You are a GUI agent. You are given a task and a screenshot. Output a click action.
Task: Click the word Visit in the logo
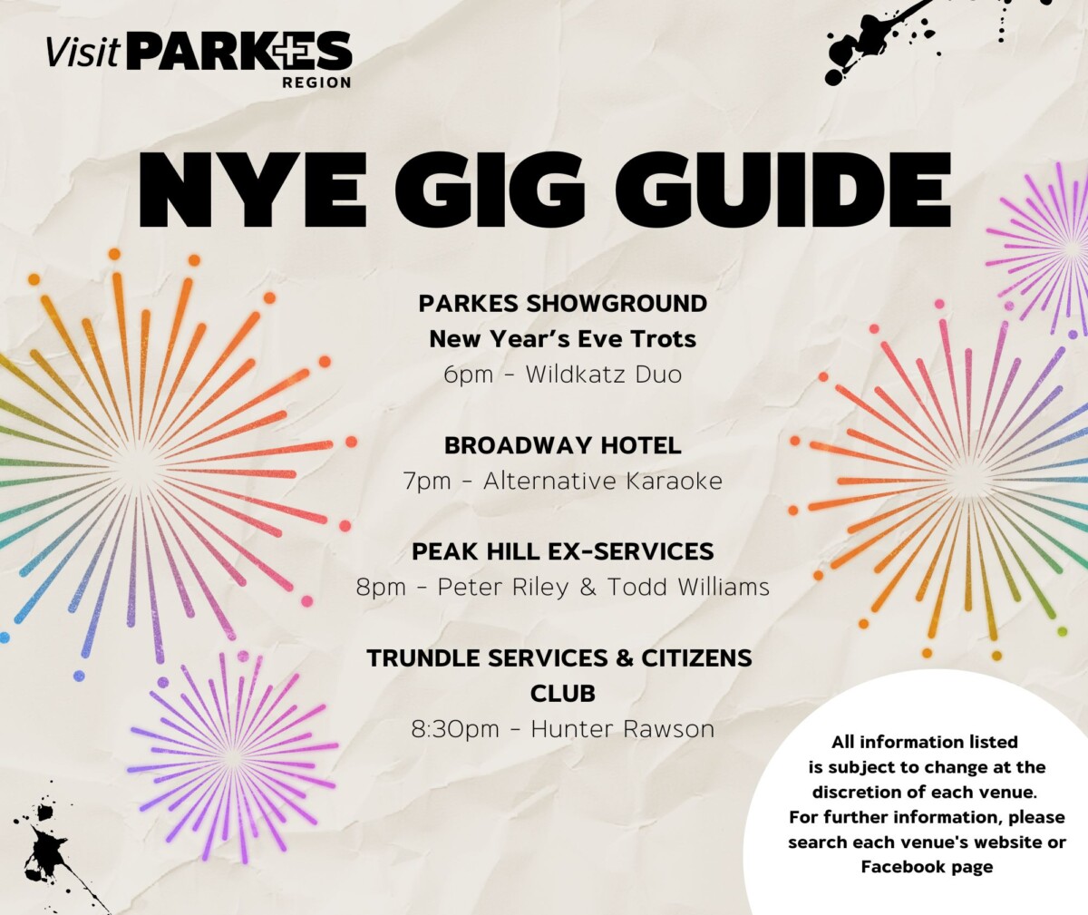(x=83, y=52)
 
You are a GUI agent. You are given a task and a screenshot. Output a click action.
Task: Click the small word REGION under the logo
(x=316, y=83)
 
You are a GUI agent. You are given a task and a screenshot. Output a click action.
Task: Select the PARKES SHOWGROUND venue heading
(x=562, y=303)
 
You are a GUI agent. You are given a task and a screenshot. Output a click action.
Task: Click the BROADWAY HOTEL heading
(x=562, y=445)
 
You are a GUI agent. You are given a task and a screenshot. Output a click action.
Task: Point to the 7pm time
(x=426, y=481)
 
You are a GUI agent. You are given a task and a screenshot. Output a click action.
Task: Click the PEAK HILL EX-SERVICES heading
(x=562, y=551)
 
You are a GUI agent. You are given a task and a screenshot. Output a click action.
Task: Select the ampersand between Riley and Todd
(x=588, y=587)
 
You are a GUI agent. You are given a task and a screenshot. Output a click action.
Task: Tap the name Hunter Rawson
(x=622, y=728)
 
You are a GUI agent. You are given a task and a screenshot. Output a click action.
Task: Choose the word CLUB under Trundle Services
(x=562, y=694)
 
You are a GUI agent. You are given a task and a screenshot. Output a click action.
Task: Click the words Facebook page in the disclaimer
(x=927, y=866)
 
